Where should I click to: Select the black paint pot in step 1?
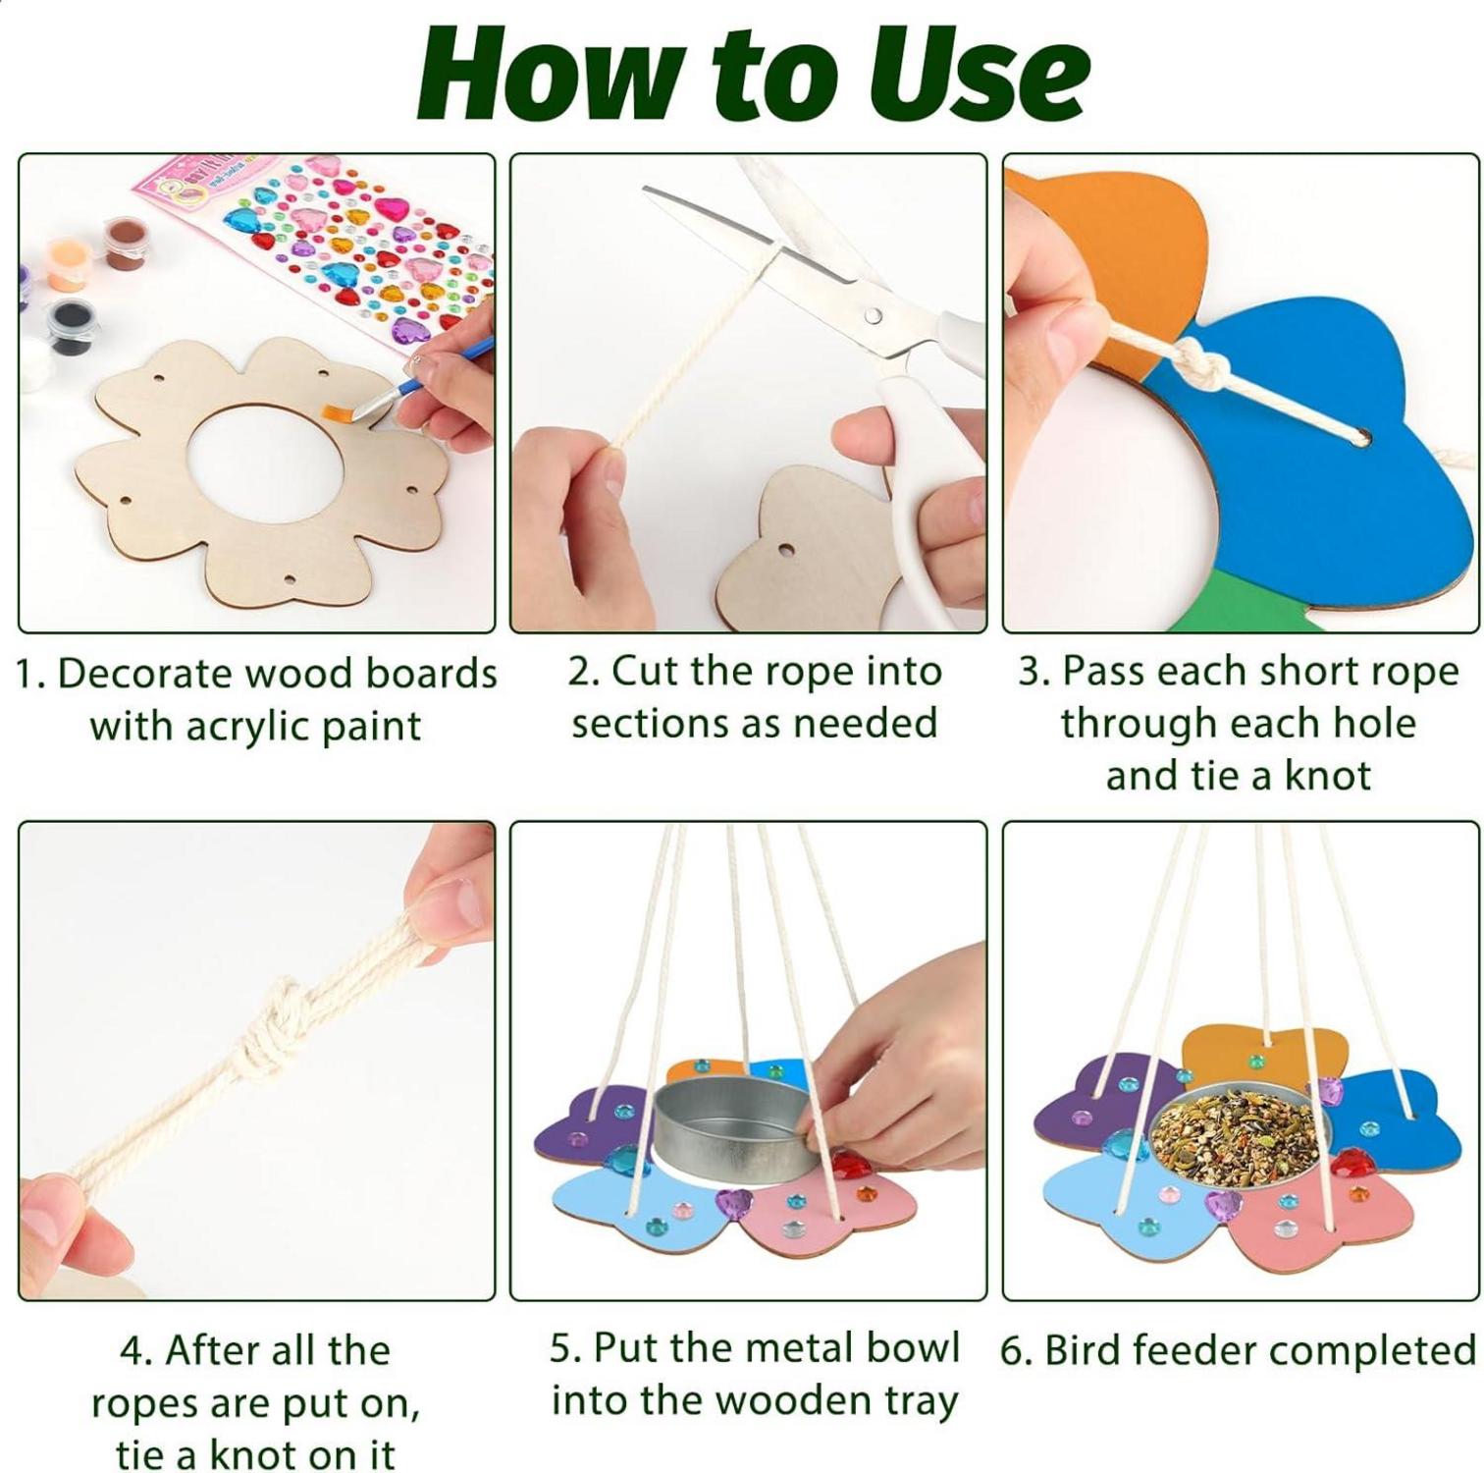click(x=71, y=324)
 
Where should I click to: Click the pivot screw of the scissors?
click(x=873, y=315)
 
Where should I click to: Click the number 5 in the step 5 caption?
click(x=559, y=1349)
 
